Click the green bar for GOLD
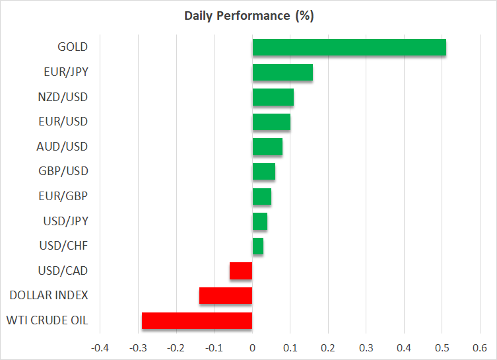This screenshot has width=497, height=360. [349, 48]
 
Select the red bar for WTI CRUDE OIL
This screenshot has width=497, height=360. [197, 320]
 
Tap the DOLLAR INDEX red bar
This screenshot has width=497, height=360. [226, 296]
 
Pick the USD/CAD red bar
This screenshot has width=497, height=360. [241, 271]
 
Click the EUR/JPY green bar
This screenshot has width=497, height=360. [282, 72]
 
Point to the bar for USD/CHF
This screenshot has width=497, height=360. [258, 246]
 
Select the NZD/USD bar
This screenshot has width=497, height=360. [273, 97]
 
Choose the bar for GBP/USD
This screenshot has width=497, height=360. [264, 172]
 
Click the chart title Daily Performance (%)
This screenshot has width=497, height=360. [249, 16]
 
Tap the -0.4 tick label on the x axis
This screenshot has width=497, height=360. [100, 348]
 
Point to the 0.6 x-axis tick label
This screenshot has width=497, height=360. [480, 348]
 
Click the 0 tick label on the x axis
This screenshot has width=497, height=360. [252, 348]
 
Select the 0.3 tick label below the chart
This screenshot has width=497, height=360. [366, 348]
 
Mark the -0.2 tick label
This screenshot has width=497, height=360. [176, 348]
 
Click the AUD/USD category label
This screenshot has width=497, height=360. [62, 147]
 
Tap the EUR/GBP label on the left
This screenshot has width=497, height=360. [63, 196]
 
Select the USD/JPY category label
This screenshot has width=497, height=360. [65, 221]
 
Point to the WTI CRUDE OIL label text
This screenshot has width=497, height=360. [48, 320]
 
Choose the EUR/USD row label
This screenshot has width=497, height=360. [63, 122]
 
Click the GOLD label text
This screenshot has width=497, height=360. [73, 47]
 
